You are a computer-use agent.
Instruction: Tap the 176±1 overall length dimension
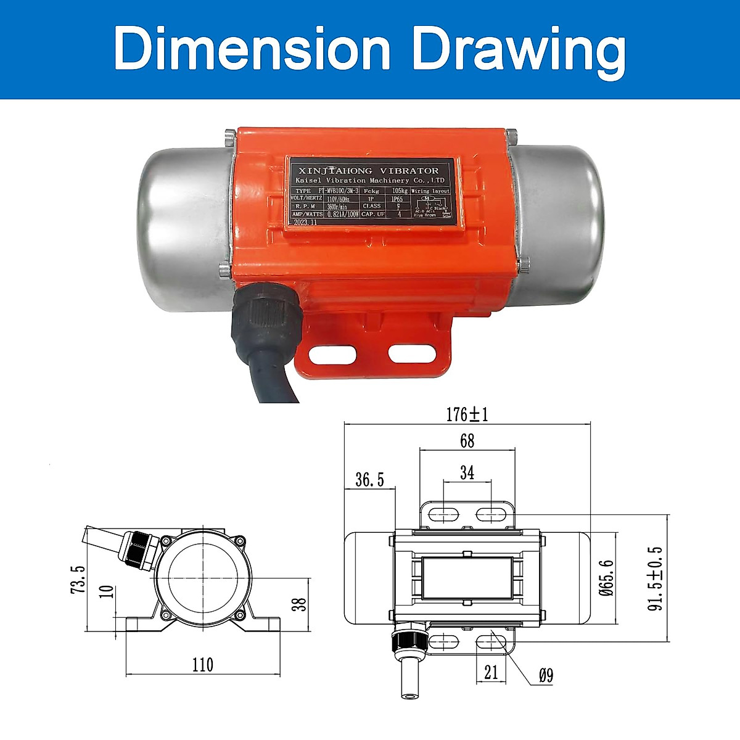467,414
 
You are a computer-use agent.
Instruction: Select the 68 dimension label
467,440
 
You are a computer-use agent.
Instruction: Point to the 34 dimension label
467,472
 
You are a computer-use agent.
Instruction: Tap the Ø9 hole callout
545,676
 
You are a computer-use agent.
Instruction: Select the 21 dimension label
491,672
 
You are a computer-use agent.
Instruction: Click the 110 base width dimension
202,664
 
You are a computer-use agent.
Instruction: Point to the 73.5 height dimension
78,578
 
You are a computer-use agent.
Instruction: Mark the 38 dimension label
298,604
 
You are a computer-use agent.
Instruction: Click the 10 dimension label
107,591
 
